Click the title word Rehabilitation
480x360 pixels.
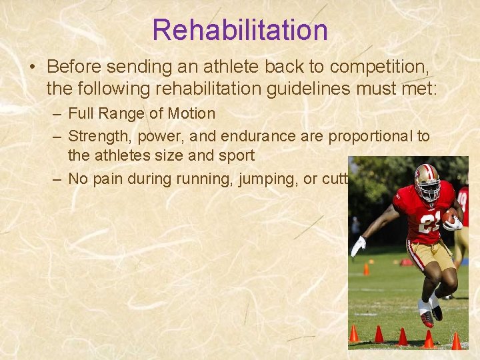click(x=240, y=30)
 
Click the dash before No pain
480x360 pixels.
click(x=58, y=179)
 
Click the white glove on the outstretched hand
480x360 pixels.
click(x=358, y=246)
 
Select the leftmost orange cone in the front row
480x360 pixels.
click(x=354, y=333)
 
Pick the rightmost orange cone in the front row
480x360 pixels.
click(x=456, y=341)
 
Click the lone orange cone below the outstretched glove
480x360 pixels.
click(x=366, y=269)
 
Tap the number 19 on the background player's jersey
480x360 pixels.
click(x=463, y=197)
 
